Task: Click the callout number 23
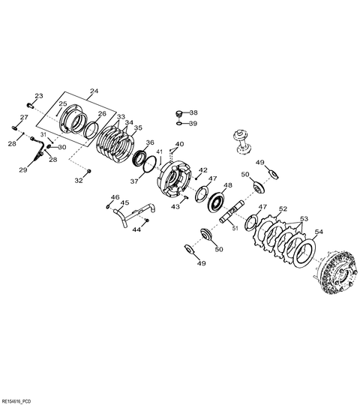click(x=39, y=96)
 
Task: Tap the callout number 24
click(x=94, y=91)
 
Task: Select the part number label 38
click(x=193, y=112)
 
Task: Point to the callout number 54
click(x=319, y=232)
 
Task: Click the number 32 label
click(x=79, y=181)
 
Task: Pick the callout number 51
click(x=235, y=228)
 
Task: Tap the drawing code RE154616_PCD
click(x=16, y=401)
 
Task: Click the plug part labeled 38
click(x=178, y=113)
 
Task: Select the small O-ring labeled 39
click(x=179, y=124)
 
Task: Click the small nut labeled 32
click(x=88, y=171)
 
